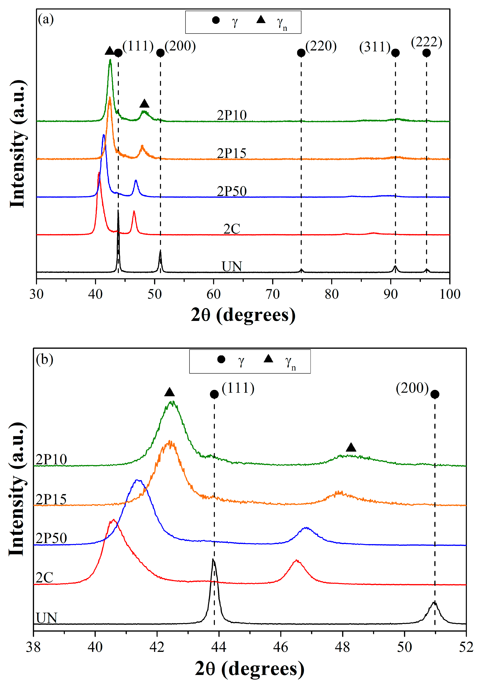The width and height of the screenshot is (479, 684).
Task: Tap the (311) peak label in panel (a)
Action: [374, 47]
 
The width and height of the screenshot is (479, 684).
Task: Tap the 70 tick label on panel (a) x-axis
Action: [272, 294]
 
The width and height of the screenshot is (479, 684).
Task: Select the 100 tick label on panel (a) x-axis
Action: [450, 294]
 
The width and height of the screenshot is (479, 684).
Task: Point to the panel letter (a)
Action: [46, 20]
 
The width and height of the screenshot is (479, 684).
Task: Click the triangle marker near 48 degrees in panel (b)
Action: [351, 447]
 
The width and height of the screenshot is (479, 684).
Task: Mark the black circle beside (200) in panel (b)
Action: [435, 394]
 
